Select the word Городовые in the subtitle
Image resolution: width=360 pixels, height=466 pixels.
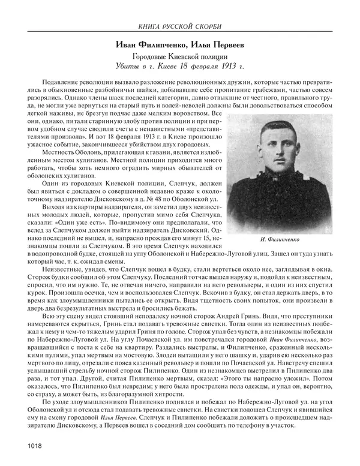(152, 56)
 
